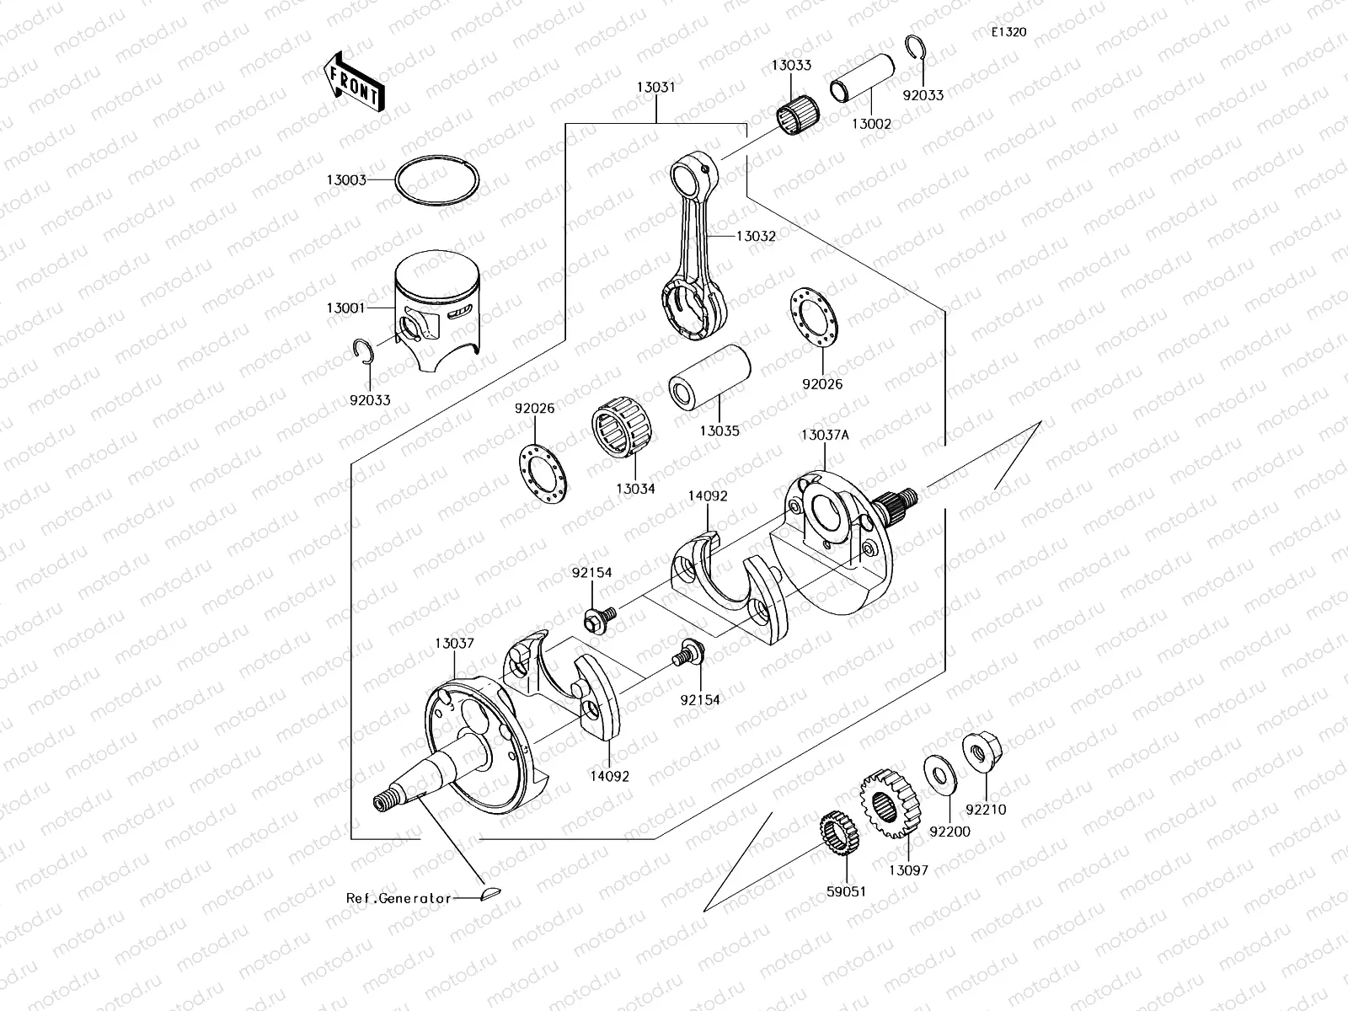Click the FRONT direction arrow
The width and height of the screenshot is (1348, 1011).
point(353,82)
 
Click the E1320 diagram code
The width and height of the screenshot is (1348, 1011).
point(1008,33)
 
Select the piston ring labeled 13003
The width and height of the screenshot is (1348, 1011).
point(437,179)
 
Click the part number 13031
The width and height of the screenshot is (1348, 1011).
point(655,87)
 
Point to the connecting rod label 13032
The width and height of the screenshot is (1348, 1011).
point(756,237)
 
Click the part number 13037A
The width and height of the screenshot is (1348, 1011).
point(825,435)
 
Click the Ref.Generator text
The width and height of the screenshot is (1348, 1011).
point(399,898)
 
